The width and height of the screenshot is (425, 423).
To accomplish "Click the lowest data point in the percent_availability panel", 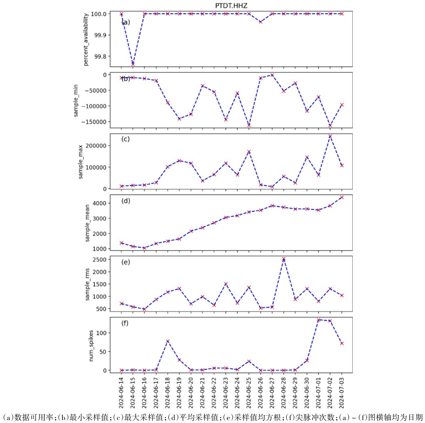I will pyautogui.click(x=133, y=64).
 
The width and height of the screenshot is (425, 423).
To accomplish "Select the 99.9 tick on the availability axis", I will pyautogui.click(x=101, y=35).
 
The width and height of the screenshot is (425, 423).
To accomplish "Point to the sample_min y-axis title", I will pyautogui.click(x=76, y=100).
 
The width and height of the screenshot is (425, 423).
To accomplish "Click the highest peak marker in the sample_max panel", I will pyautogui.click(x=330, y=136).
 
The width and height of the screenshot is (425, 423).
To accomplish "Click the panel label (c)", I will pyautogui.click(x=125, y=139).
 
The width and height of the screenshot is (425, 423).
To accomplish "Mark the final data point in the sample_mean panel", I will pyautogui.click(x=342, y=197).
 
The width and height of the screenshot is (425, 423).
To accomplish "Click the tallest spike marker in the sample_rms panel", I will pyautogui.click(x=284, y=259).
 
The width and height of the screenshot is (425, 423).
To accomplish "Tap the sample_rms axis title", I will pyautogui.click(x=87, y=284).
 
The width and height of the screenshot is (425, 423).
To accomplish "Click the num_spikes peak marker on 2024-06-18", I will pyautogui.click(x=168, y=341).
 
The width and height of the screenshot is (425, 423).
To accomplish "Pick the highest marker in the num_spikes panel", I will pyautogui.click(x=319, y=320).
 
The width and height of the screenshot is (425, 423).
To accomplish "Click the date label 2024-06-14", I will pyautogui.click(x=121, y=392).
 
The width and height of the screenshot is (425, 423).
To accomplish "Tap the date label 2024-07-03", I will pyautogui.click(x=342, y=392).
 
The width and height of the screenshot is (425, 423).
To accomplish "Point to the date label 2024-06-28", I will pyautogui.click(x=284, y=392).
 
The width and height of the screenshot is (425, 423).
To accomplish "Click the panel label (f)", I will pyautogui.click(x=125, y=323).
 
